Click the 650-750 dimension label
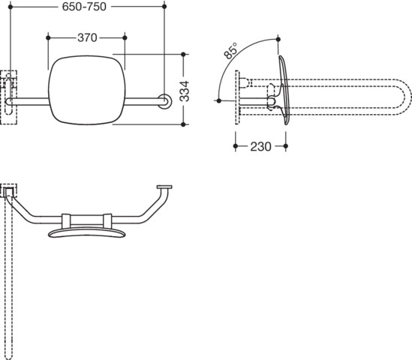point(84,7)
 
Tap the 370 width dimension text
point(87,38)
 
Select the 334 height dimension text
point(185,91)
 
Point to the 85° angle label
point(230,51)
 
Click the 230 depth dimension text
point(260,146)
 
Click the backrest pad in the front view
point(87,90)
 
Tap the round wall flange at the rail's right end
point(165,101)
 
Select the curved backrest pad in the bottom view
point(87,232)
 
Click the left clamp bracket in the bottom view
point(66,221)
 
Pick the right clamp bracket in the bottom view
point(107,221)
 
